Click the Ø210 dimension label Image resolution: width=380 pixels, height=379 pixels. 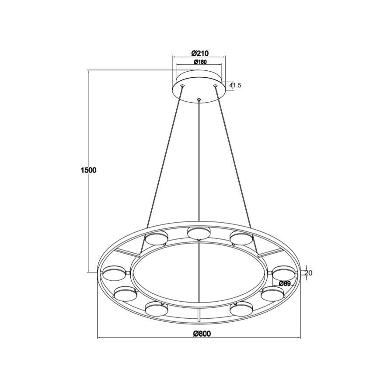tap(200, 52)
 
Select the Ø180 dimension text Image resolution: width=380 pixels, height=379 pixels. tap(200, 62)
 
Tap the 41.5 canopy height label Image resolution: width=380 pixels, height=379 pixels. tap(236, 85)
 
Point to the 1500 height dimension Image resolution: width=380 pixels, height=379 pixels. tap(88, 170)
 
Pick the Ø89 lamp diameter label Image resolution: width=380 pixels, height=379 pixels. tap(285, 284)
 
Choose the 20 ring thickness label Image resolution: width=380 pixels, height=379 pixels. tap(308, 273)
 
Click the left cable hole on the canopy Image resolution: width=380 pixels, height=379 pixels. tap(182, 85)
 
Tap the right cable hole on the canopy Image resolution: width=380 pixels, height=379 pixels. tap(215, 85)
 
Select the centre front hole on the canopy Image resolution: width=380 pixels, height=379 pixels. tap(199, 99)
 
